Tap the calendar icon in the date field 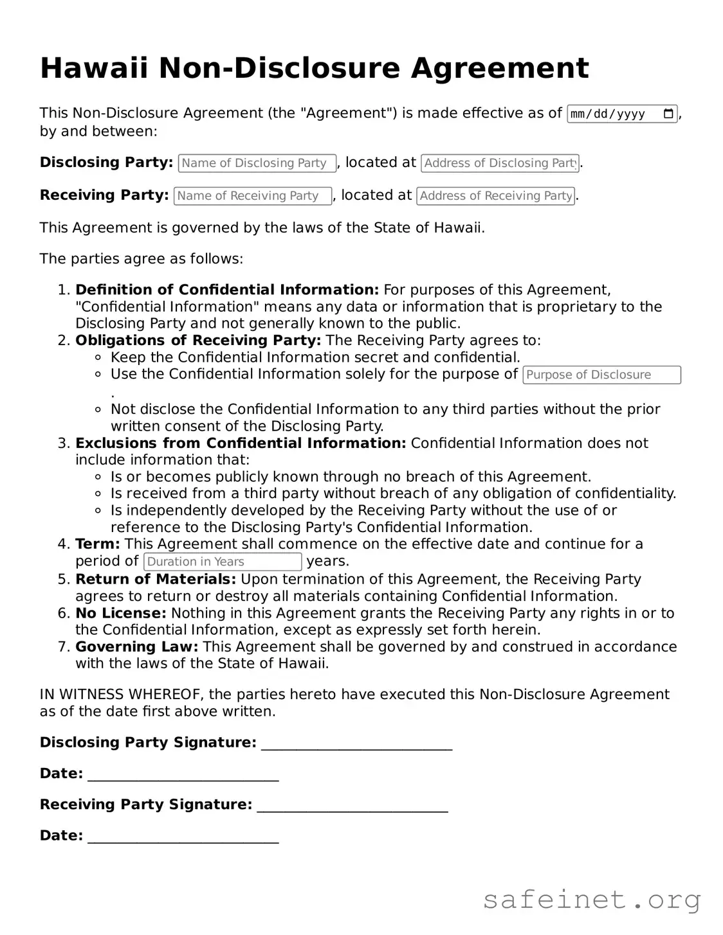pos(668,114)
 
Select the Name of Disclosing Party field pos(257,163)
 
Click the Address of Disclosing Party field pos(500,163)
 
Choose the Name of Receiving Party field pos(252,196)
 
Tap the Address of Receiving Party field pos(495,196)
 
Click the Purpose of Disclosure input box pos(601,375)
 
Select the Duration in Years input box pos(223,562)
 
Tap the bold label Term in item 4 pos(97,544)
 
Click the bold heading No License pos(121,614)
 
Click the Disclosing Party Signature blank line pos(356,744)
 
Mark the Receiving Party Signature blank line pos(352,806)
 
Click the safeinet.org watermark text pos(591,900)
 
